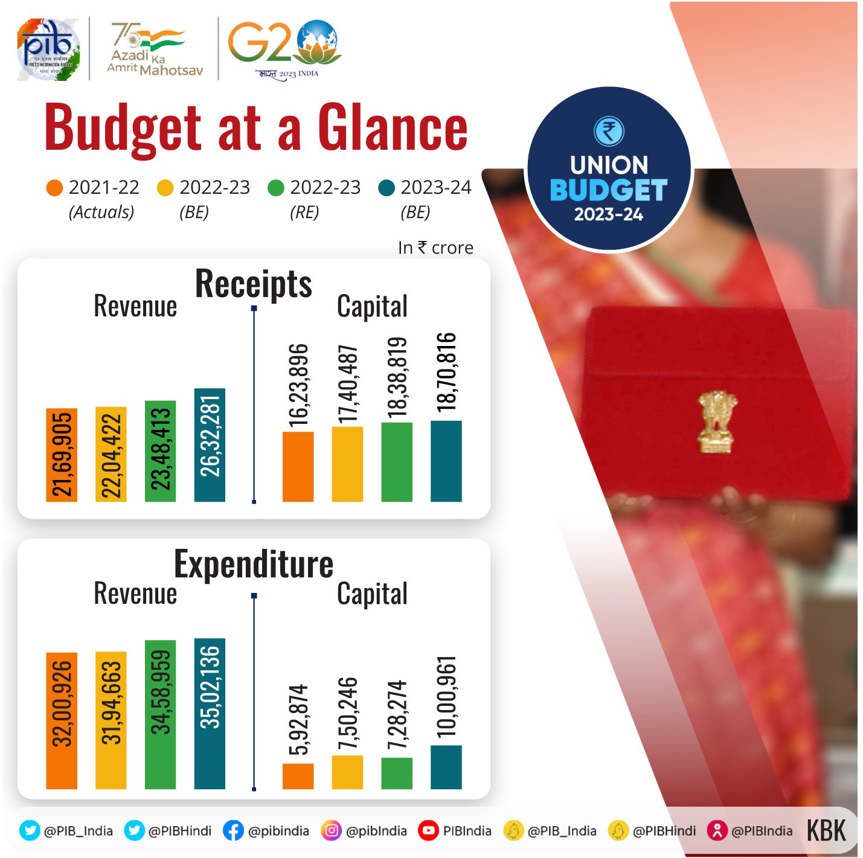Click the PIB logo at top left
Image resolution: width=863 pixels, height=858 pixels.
48,50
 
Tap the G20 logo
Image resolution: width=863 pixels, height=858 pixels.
284,45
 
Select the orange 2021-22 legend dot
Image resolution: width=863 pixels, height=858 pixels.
54,188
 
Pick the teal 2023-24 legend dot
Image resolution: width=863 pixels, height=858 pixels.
386,188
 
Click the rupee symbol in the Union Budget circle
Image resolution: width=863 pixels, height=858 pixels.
609,131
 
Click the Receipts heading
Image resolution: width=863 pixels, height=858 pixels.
253,284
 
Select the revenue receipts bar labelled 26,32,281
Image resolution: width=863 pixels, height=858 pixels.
210,444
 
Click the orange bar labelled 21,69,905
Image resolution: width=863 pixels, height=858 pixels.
62,455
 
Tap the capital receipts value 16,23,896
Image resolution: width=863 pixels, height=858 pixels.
298,385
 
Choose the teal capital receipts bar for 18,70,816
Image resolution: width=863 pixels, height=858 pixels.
446,461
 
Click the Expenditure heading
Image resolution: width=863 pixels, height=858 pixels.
253,564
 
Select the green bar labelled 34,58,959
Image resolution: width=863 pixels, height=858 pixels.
160,714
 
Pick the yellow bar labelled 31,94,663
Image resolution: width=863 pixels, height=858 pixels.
111,720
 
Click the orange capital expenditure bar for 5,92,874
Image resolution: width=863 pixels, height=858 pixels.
298,776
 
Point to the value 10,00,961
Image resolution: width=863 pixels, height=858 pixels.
446,696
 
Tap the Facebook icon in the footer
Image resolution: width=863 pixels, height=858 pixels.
233,831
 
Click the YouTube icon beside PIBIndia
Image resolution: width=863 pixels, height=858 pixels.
428,831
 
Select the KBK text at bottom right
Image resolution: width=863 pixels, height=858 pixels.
826,831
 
